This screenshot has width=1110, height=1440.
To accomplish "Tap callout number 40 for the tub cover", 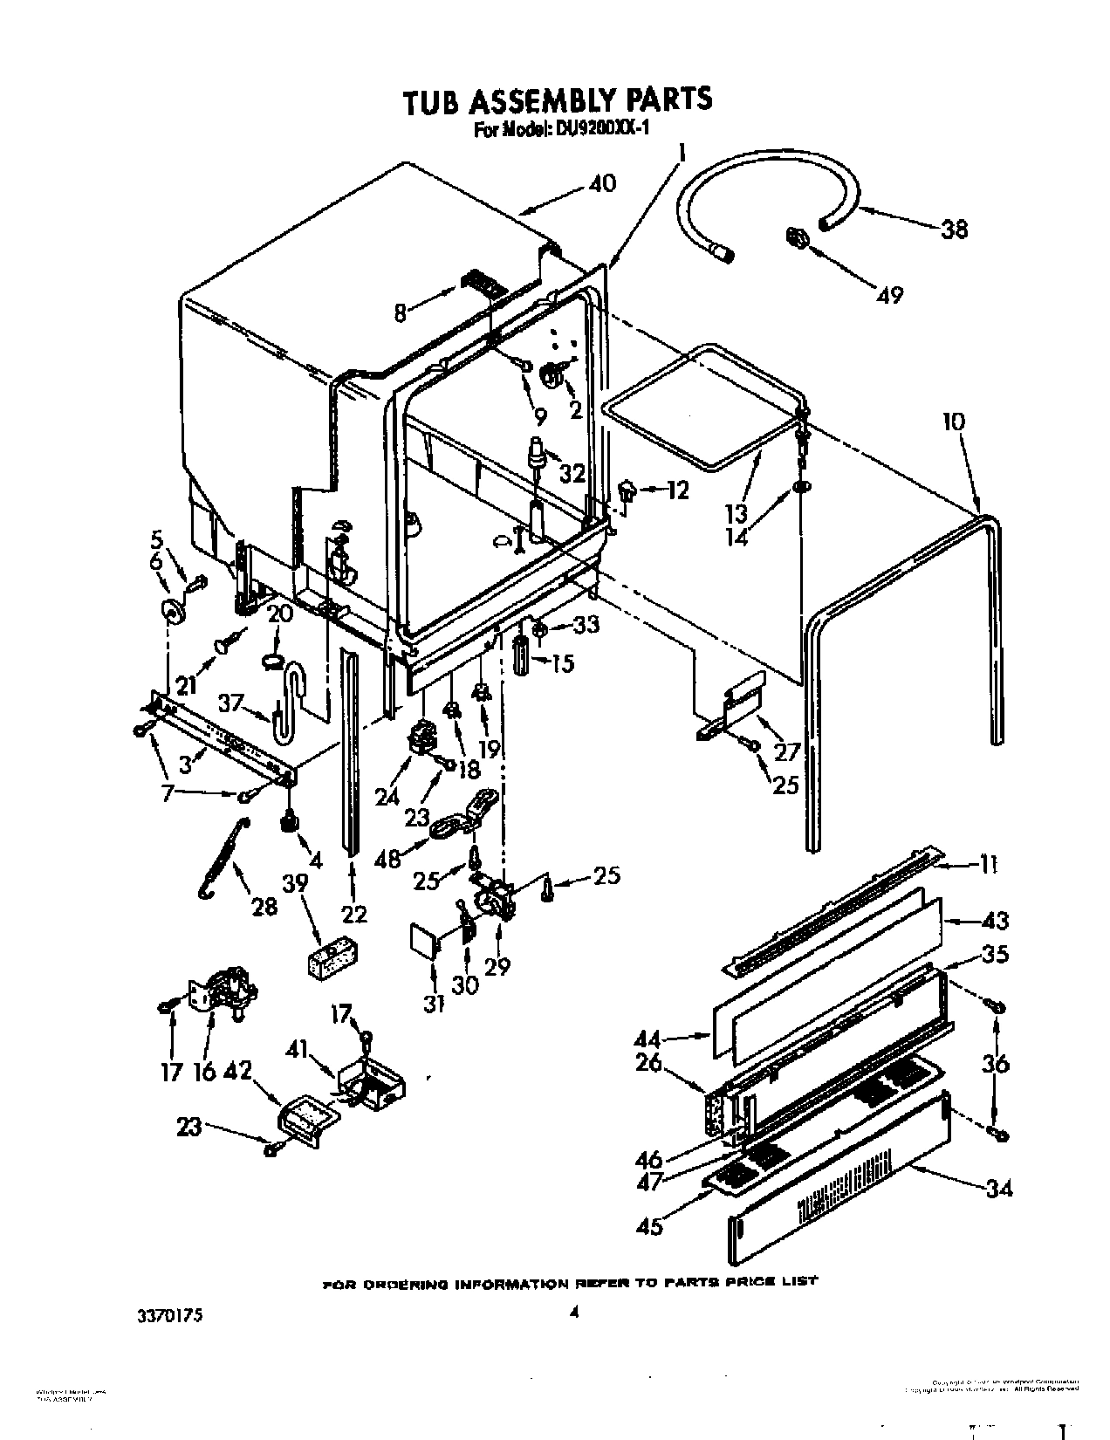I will pos(602,184).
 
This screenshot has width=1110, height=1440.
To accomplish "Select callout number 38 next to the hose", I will pos(955,230).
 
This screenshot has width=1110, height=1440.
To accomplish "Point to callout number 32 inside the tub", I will pos(572,473).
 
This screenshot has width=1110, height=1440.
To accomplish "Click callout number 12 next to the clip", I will pos(677,491).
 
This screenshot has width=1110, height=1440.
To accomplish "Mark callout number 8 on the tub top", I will pos(401,312).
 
